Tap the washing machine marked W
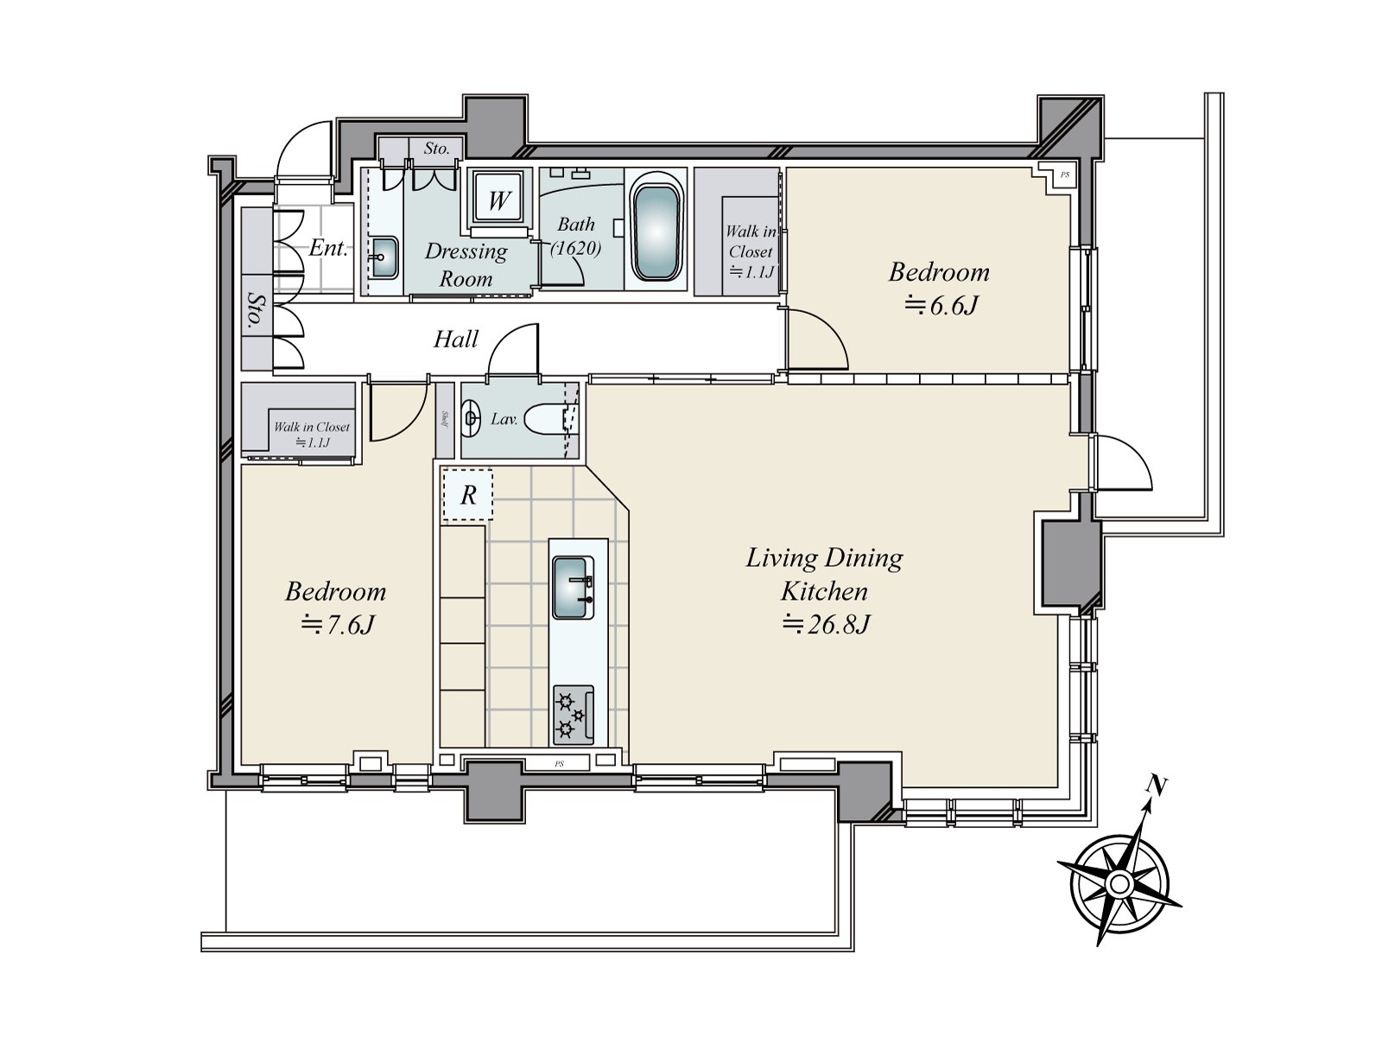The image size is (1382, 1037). pos(498,200)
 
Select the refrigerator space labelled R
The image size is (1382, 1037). pos(467,494)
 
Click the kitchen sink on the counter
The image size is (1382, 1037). pos(573,588)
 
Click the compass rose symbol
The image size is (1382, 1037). pos(1119,883)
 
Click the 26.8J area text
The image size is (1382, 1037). pos(826,624)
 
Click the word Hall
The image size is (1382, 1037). pos(455,339)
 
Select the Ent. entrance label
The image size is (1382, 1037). pos(328,249)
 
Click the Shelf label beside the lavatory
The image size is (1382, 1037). pos(444,420)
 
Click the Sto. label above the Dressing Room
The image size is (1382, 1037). pos(437,149)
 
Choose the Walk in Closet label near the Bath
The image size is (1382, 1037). pos(750,251)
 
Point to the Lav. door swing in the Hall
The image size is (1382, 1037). pos(515,352)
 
